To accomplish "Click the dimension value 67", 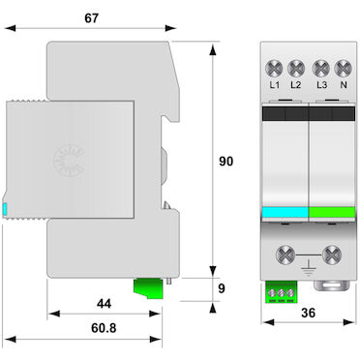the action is tap(91, 18).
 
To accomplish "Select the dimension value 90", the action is tap(225, 162).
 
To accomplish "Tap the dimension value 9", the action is tap(222, 288).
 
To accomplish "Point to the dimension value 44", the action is tap(104, 304).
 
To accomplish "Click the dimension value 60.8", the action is tap(104, 328).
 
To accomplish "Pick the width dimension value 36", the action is tap(308, 313).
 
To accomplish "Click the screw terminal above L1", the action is tap(274, 69).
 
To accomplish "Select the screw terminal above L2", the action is tap(296, 69).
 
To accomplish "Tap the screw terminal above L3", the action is tap(321, 69).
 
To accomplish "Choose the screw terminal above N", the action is tap(343, 69).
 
